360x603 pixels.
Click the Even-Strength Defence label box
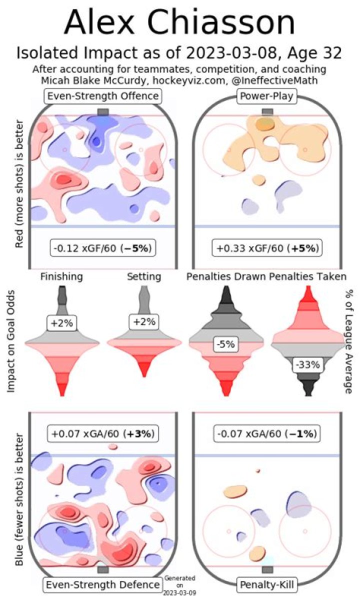pos(104,584)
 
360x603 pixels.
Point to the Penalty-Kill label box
pos(267,584)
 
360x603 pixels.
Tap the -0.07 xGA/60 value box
pos(267,433)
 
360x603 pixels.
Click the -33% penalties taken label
pos(307,350)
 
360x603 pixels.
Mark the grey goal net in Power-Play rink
pos(267,111)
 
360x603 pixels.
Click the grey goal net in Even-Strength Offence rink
pos(103,111)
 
